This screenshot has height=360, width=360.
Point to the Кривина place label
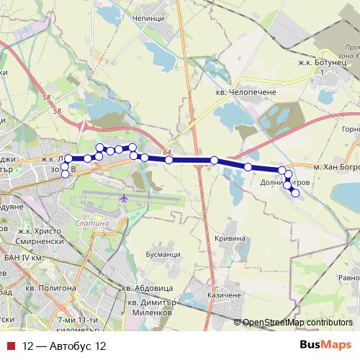[230, 238]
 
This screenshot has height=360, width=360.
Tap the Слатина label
[91, 223]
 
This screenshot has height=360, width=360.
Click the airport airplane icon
[125, 197]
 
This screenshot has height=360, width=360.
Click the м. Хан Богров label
[333, 166]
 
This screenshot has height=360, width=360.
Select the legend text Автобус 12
[64, 346]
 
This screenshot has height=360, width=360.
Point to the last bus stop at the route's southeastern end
[294, 192]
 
